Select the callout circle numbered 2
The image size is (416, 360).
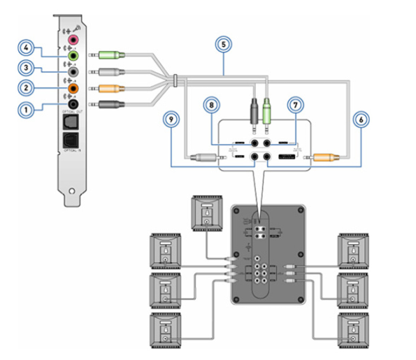pyautogui.click(x=27, y=89)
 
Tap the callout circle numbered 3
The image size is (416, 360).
pyautogui.click(x=27, y=69)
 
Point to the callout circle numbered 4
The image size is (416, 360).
pyautogui.click(x=27, y=49)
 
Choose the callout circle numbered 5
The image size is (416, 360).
pyautogui.click(x=223, y=44)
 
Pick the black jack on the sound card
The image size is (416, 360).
pyautogui.click(x=71, y=106)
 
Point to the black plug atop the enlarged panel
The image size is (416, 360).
pyautogui.click(x=254, y=108)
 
